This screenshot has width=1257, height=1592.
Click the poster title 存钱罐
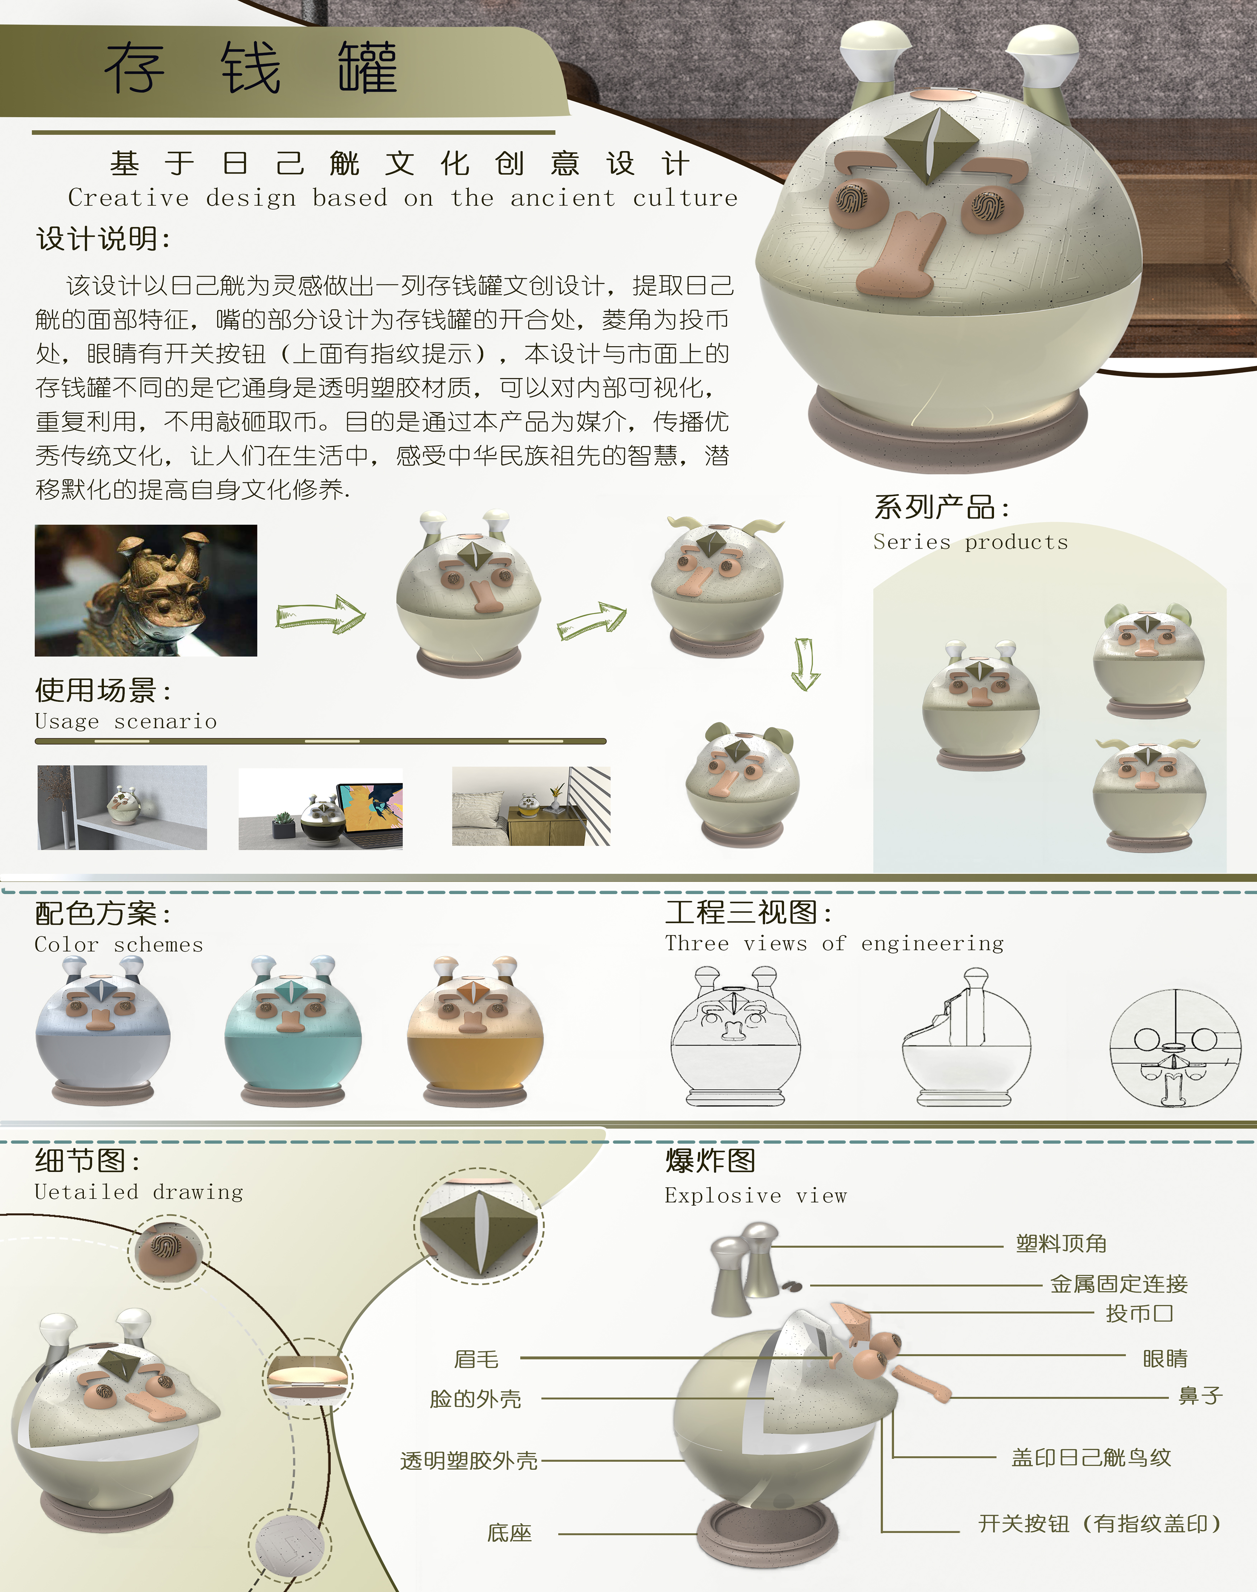(251, 68)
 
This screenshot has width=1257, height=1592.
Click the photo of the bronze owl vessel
(146, 590)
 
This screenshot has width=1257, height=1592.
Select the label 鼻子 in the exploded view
(1200, 1395)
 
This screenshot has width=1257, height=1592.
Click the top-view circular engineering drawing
(1175, 1048)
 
